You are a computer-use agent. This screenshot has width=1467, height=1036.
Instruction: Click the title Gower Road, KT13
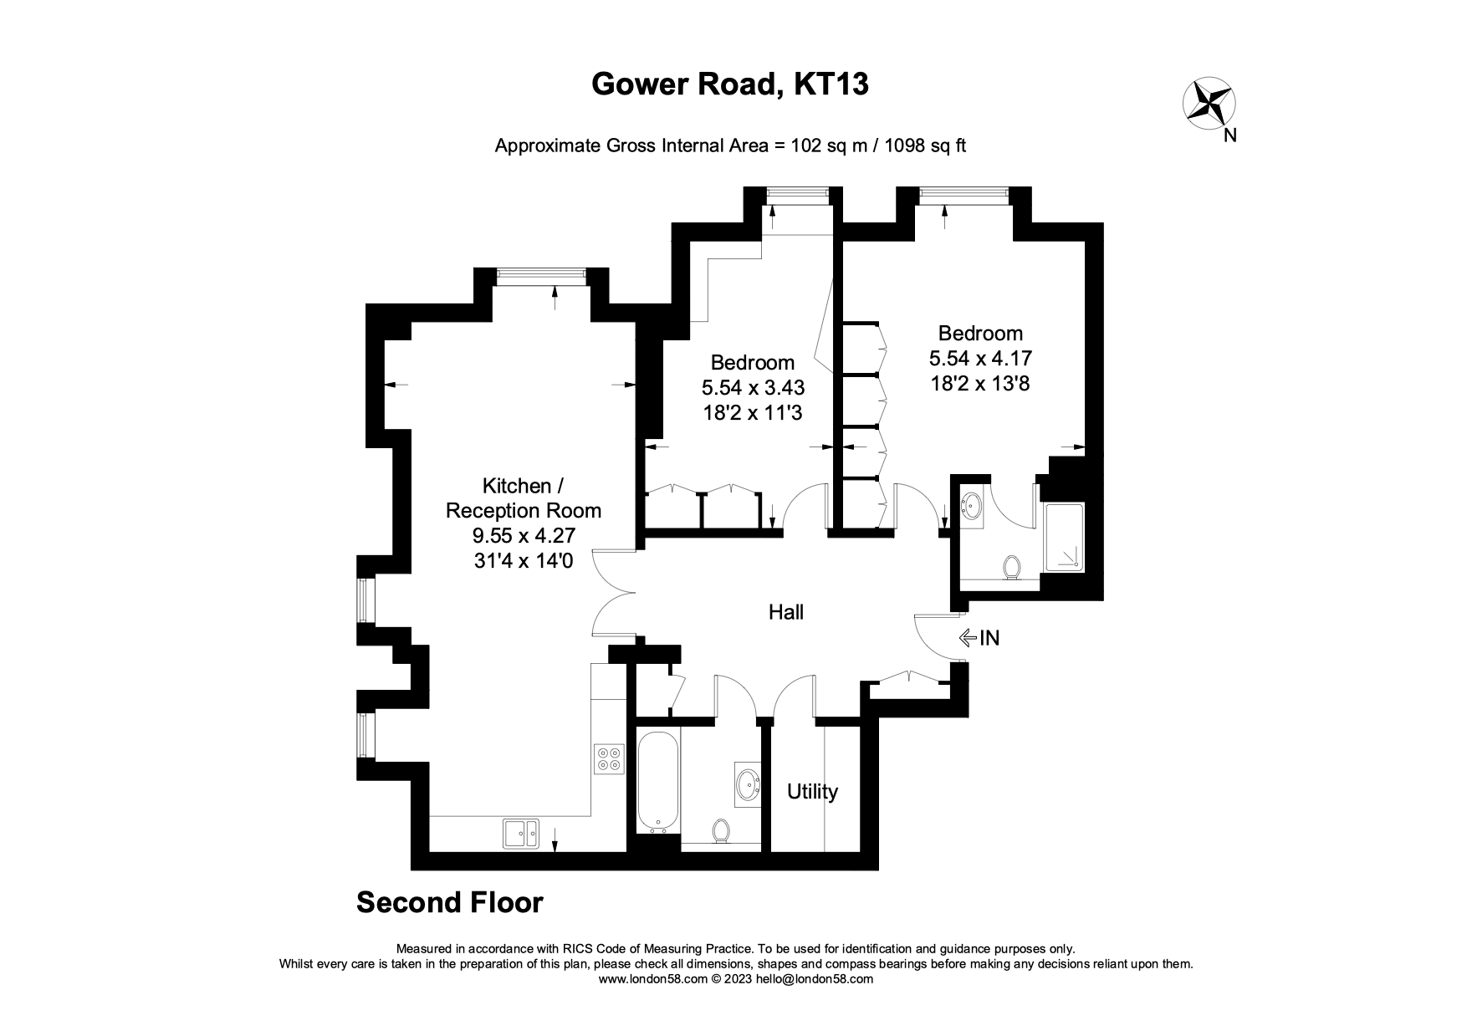729,84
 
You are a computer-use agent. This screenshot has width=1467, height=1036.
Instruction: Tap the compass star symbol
1209,105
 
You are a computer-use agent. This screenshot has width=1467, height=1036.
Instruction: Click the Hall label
785,613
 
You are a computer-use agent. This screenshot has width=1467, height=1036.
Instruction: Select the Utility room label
812,792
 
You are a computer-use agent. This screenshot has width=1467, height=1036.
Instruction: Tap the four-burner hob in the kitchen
609,758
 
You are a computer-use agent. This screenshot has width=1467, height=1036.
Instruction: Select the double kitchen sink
521,832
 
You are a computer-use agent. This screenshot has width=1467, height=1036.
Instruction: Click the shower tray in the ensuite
1064,538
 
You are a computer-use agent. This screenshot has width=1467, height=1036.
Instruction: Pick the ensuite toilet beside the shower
1013,568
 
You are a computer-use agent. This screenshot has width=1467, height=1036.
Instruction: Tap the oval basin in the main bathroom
748,784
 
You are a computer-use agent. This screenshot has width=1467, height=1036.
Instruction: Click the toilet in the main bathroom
721,830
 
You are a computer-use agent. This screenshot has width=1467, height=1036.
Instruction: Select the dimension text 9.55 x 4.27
523,536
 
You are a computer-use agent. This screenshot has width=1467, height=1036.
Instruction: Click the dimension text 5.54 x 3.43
753,387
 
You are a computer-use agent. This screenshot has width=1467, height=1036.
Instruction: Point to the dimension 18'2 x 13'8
980,384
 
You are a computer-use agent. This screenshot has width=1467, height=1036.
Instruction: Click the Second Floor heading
449,903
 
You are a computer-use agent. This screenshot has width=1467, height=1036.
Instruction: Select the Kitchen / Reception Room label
523,498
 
